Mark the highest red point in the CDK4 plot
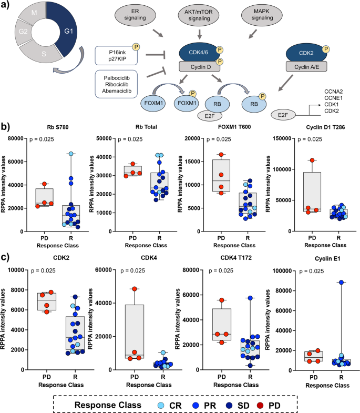point(134,289)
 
